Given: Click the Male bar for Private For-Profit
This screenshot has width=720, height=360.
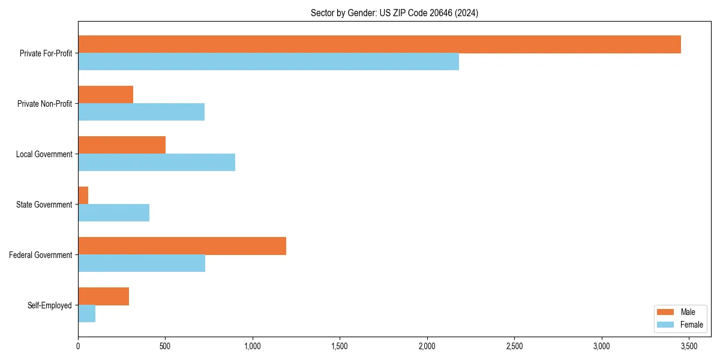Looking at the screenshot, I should tap(379, 44).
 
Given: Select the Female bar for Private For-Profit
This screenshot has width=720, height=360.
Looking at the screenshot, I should tap(268, 61).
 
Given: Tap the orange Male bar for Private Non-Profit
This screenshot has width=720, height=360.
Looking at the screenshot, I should tap(106, 95).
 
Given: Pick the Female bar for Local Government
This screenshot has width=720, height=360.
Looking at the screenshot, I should tap(157, 162).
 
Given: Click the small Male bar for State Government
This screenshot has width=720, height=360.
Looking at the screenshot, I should tap(83, 196).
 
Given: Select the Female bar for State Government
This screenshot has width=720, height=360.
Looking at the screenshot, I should tap(114, 212).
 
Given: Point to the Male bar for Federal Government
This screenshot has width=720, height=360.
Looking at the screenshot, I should tap(182, 246).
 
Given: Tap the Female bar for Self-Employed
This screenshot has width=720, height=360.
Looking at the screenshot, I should tap(87, 313).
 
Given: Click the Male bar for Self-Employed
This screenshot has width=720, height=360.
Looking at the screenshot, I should tap(104, 296).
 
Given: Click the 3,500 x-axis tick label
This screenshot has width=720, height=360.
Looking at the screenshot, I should tap(689, 346).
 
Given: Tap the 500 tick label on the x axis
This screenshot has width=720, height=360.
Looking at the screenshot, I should tap(165, 346).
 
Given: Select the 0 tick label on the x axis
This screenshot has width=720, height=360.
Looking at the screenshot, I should tap(78, 346).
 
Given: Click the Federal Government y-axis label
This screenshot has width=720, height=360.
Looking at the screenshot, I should tap(41, 255).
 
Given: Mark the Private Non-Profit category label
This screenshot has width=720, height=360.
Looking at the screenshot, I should tap(44, 104).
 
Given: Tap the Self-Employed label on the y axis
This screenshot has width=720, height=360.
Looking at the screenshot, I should tap(50, 305).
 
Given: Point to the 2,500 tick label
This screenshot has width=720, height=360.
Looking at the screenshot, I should tap(514, 346).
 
